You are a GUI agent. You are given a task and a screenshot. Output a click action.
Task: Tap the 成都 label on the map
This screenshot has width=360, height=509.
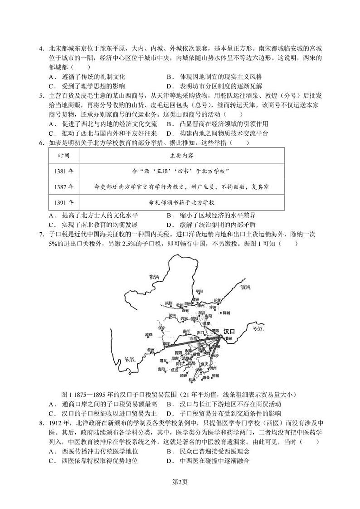[x=148, y=334]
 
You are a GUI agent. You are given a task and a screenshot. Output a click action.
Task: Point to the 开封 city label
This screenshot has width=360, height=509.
[x=218, y=300]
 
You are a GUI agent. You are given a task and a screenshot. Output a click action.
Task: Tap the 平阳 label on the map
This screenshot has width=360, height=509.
[x=199, y=291]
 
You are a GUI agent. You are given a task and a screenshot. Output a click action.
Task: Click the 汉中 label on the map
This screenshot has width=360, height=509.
[x=171, y=315]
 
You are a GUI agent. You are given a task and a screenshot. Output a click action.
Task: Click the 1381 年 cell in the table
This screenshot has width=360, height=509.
[x=63, y=171]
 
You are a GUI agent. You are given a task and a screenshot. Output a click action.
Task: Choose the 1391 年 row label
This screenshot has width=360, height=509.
[x=63, y=202]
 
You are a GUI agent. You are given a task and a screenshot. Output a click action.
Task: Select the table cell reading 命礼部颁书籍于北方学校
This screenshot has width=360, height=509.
[x=181, y=202]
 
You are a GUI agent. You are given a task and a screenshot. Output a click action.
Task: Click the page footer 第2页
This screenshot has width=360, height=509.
[x=180, y=482]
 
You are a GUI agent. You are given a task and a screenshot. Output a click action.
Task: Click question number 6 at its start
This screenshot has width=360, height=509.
[x=41, y=142]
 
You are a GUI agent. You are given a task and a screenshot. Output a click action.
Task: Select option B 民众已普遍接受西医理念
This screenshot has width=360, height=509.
[x=209, y=451]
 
